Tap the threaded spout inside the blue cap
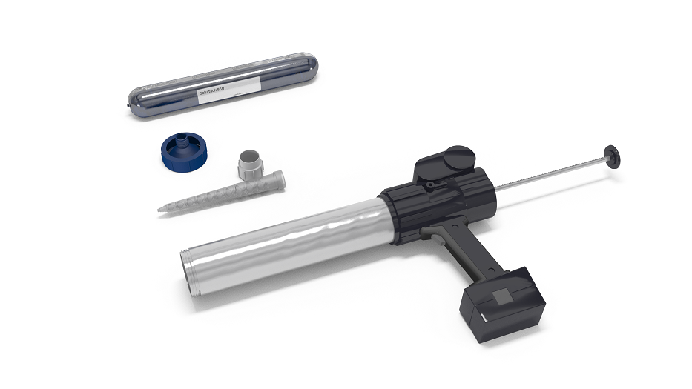tap(178, 142)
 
